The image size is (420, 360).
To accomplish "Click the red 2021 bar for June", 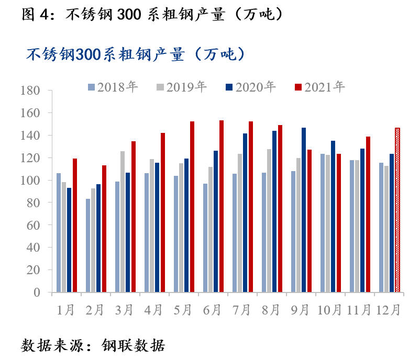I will click(x=222, y=206).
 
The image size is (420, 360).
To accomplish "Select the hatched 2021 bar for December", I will click(x=397, y=210).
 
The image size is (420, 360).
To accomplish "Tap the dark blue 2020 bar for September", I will click(x=304, y=210).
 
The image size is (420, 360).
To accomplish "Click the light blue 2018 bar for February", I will click(x=88, y=245).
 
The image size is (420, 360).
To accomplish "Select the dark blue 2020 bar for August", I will click(x=274, y=211).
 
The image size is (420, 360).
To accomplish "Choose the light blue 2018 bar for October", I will click(x=323, y=223).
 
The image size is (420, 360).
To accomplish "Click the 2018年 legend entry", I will click(x=112, y=87).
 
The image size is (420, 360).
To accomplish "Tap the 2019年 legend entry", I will click(x=181, y=87).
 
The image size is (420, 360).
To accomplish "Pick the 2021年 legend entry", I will click(x=319, y=87).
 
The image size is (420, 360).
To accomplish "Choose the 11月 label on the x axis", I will click(x=358, y=310).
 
